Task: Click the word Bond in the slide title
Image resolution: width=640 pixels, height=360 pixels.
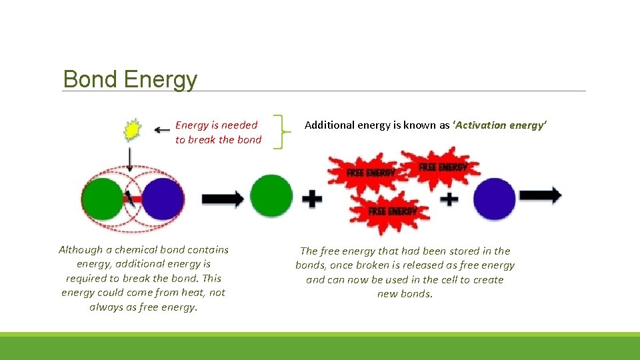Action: pyautogui.click(x=91, y=79)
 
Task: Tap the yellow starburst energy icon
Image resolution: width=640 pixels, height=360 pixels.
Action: pyautogui.click(x=133, y=130)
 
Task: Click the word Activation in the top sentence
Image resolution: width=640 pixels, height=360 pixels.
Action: pyautogui.click(x=483, y=125)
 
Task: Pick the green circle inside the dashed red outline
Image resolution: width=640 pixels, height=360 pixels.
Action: pyautogui.click(x=102, y=198)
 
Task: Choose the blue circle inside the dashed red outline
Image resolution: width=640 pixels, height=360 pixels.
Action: pyautogui.click(x=163, y=198)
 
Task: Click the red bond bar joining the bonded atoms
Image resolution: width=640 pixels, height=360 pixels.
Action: pyautogui.click(x=133, y=198)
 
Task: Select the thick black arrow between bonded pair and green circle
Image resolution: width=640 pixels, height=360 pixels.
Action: pyautogui.click(x=222, y=198)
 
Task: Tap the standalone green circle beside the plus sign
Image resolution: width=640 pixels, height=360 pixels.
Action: pyautogui.click(x=271, y=195)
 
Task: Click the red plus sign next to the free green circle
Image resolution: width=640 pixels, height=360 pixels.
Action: pyautogui.click(x=311, y=199)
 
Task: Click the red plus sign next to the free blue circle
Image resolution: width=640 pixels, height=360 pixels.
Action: pyautogui.click(x=449, y=198)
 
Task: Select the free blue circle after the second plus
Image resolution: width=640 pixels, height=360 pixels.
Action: pyautogui.click(x=494, y=198)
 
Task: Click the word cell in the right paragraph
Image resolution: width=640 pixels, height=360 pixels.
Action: pyautogui.click(x=447, y=280)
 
